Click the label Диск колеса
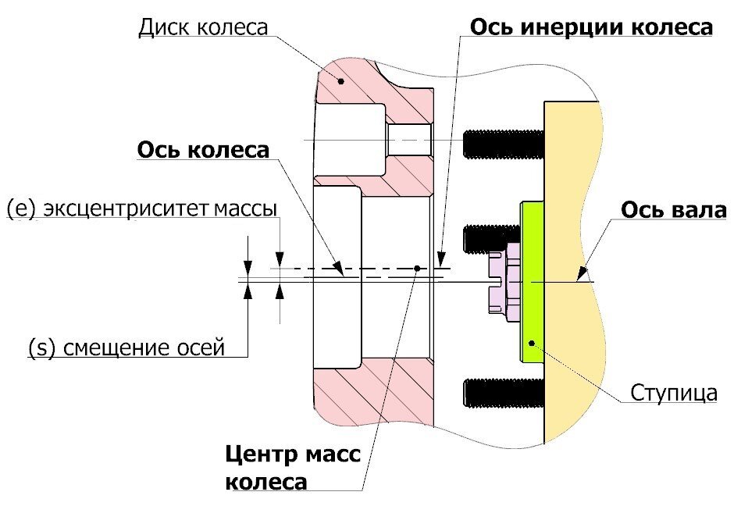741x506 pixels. click(x=202, y=27)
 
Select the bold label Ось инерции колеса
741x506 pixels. click(x=590, y=27)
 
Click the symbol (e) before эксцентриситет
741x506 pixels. click(x=21, y=209)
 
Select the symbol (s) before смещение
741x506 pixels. click(x=39, y=347)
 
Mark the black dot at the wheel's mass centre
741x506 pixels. click(x=418, y=268)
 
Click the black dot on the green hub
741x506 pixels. click(x=532, y=343)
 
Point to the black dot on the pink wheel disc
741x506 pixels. click(x=340, y=80)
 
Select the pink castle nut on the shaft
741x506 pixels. click(x=505, y=280)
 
